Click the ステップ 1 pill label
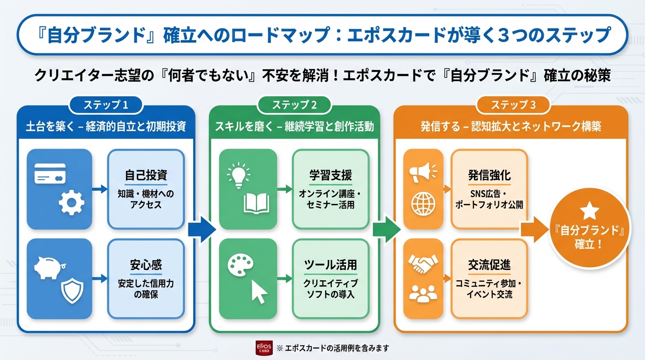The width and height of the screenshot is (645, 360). click(105, 105)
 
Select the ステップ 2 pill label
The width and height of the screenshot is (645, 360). click(294, 105)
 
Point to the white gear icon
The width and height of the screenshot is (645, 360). click(71, 203)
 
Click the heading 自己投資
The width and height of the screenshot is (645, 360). click(146, 175)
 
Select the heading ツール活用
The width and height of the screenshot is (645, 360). click(330, 265)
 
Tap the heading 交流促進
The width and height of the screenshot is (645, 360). click(489, 265)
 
